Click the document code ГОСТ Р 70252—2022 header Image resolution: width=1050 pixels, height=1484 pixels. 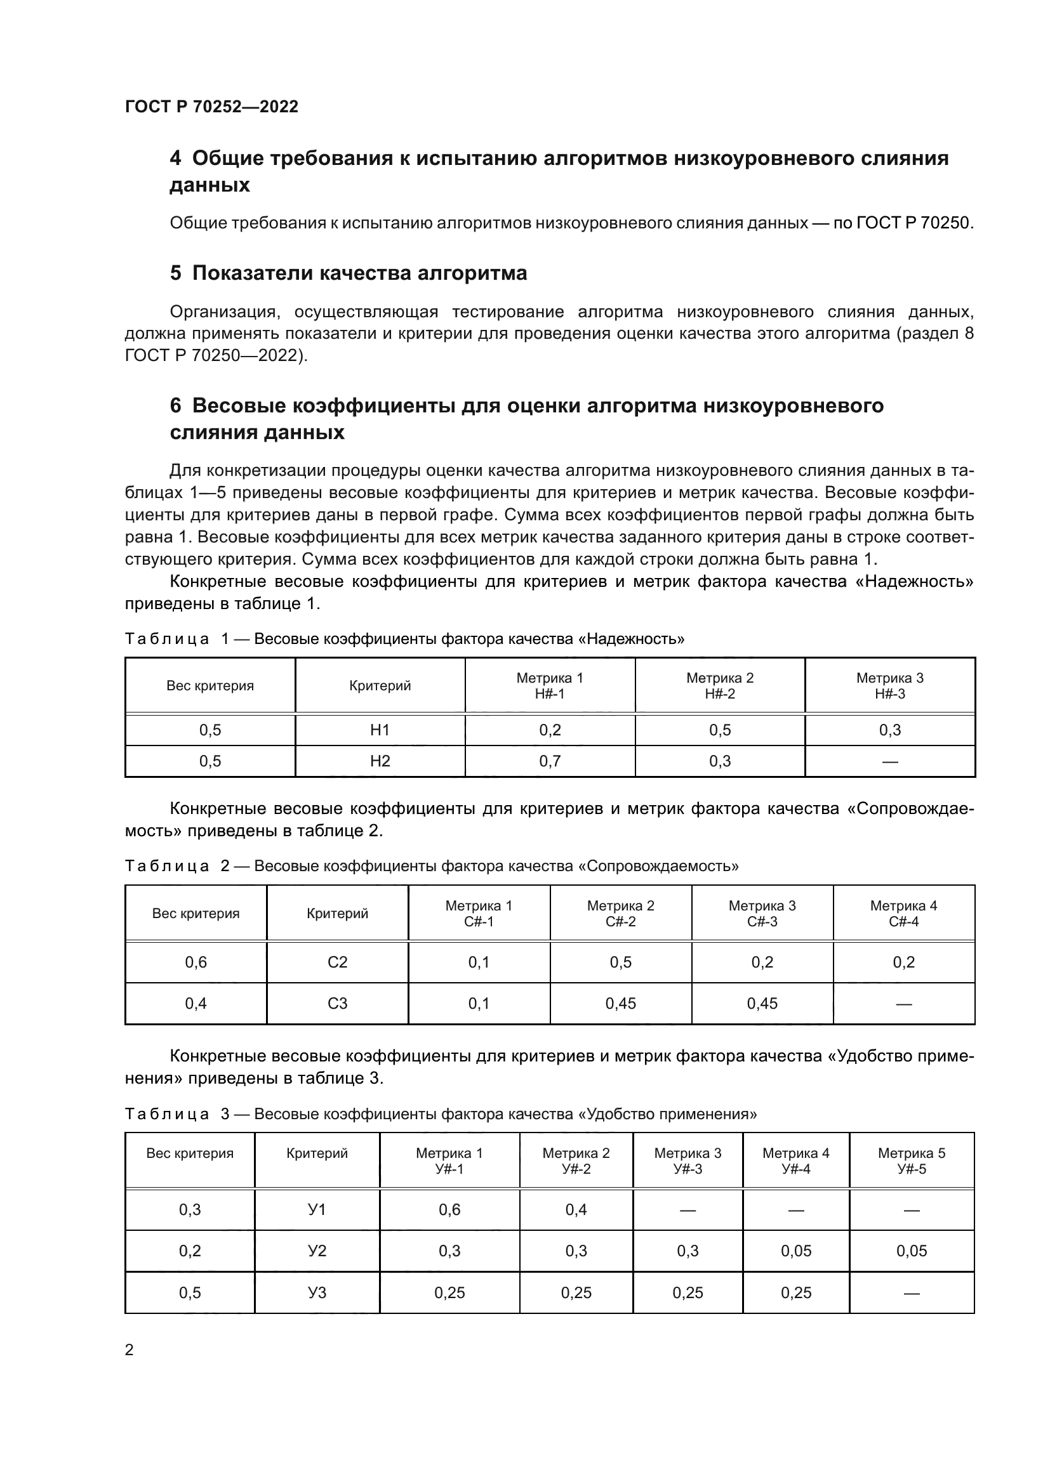tap(211, 107)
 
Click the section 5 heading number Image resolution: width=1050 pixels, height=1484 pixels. tap(175, 273)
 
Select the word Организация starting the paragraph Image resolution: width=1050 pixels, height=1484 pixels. tap(224, 312)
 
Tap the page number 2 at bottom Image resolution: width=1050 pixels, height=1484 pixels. tap(130, 1349)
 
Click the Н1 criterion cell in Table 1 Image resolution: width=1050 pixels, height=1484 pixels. tap(380, 730)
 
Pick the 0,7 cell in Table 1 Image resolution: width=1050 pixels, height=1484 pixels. tap(550, 761)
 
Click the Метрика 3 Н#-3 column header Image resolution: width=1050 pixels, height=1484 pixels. tap(889, 686)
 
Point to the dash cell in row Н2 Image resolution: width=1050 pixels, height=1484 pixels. tap(889, 762)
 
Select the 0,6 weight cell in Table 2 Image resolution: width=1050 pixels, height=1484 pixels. tap(196, 962)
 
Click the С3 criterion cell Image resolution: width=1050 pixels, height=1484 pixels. tap(338, 1004)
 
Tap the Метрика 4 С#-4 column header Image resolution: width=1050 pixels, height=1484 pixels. tap(903, 913)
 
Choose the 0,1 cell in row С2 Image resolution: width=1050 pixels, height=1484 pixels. tap(479, 962)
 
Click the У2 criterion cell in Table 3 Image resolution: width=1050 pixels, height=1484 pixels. tap(317, 1251)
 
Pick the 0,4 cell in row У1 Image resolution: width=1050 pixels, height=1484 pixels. tap(575, 1209)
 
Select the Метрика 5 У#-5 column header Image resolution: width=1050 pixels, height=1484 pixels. tap(911, 1161)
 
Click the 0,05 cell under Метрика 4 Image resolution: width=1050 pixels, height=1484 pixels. tap(795, 1251)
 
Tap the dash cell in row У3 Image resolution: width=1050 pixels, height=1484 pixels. tap(911, 1293)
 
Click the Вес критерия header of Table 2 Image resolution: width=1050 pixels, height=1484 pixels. tap(196, 913)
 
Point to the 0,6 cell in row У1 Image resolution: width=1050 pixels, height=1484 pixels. tap(449, 1209)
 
